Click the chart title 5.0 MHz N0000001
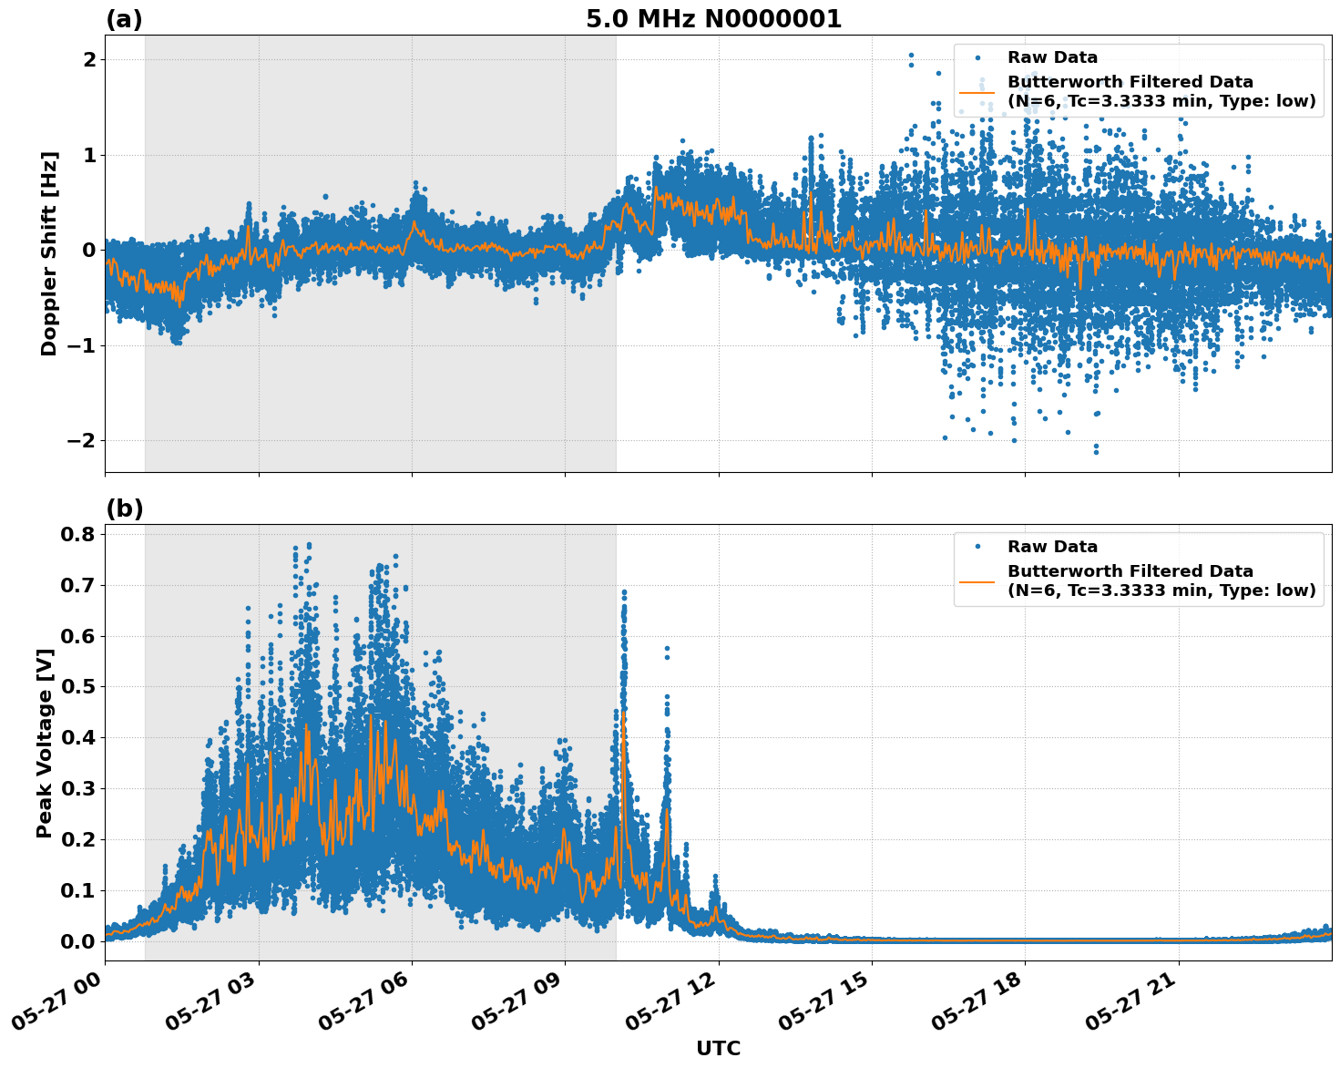[x=713, y=19]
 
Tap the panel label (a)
[x=124, y=19]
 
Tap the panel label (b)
[x=124, y=508]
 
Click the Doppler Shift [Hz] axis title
[x=49, y=253]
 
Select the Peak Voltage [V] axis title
[x=45, y=743]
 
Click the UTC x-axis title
[x=718, y=1048]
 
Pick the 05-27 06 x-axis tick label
[x=365, y=1006]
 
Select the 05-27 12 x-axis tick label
[x=672, y=1006]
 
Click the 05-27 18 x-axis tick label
[x=979, y=1006]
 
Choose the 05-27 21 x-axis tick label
[x=1132, y=1006]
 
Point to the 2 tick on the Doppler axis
[x=90, y=60]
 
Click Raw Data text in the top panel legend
[x=1052, y=58]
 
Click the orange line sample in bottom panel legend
[x=977, y=580]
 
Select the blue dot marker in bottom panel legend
[x=977, y=547]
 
